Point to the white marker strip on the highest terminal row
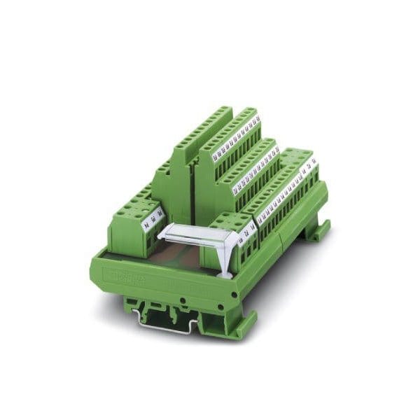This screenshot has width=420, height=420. point(236,133)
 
